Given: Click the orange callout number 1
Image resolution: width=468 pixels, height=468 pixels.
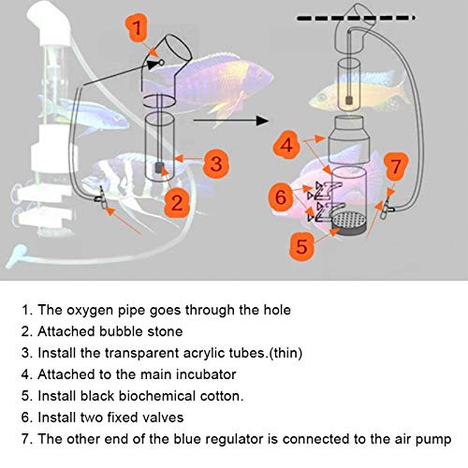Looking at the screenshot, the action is tap(137, 27).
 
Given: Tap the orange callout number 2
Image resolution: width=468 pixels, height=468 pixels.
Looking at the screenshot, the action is tap(177, 202).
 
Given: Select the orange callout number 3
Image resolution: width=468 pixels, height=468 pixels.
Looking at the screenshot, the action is tap(216, 163).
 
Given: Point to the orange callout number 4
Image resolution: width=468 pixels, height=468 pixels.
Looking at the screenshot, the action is tap(286, 145).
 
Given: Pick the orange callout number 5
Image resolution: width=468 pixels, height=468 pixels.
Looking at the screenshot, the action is tap(301, 245).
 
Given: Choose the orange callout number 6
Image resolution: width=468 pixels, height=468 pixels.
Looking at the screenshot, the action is tap(281, 197).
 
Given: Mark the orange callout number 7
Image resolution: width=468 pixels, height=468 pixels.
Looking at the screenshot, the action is tap(396, 166).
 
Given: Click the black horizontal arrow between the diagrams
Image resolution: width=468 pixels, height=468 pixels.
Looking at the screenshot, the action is tap(231, 120).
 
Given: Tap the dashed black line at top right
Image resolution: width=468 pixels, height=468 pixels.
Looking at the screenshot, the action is tap(356, 18).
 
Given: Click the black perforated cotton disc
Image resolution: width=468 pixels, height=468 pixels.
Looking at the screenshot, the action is tap(349, 224).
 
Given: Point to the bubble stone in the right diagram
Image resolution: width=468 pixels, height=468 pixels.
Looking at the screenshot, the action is tap(349, 100).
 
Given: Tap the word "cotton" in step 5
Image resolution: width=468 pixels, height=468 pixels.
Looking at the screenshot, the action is tap(222, 396).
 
